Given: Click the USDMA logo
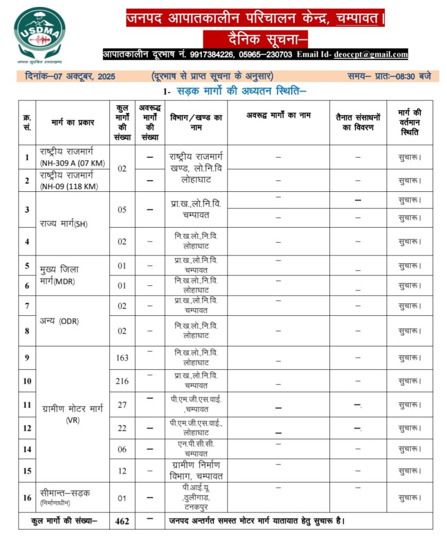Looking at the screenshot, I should point(40,33).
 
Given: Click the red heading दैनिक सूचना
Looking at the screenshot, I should point(255,39).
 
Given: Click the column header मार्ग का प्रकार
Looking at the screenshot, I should point(73,122).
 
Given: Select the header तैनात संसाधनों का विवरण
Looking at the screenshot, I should point(358,122).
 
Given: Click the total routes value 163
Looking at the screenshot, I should point(122,357).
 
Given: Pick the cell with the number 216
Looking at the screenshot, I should point(122,381).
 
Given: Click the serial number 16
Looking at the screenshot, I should point(27,497).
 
